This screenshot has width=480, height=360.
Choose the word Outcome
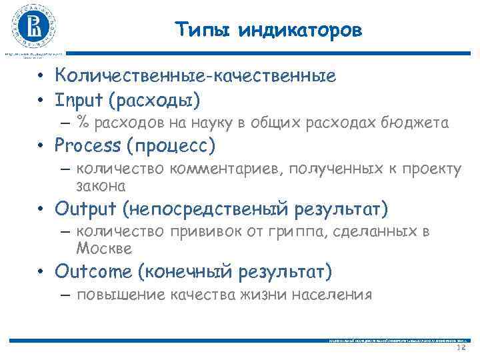93,272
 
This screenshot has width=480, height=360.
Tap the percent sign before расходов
83,122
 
